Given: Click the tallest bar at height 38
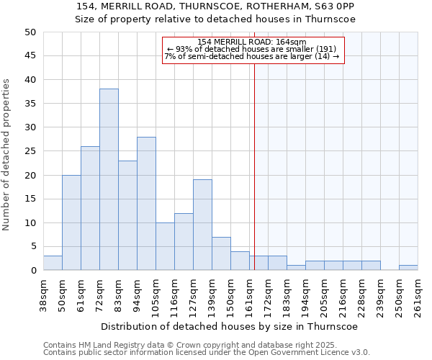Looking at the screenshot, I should click(x=109, y=179).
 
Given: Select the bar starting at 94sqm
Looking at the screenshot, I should click(x=146, y=204).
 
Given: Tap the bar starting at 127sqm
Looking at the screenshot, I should click(x=202, y=225).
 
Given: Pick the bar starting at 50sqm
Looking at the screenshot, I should click(x=71, y=222).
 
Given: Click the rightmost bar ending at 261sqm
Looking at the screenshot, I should click(x=408, y=268).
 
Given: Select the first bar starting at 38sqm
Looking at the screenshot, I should click(x=53, y=263).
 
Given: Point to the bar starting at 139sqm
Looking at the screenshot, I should click(x=221, y=253).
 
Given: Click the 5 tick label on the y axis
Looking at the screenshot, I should click(x=32, y=246).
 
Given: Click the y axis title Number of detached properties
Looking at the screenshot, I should click(x=6, y=155).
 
